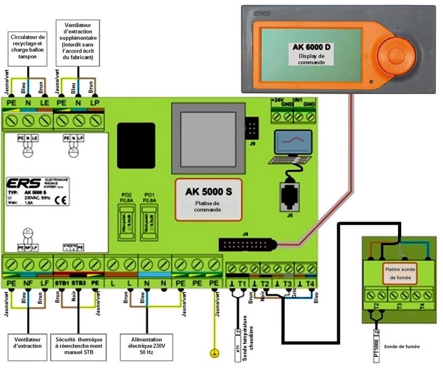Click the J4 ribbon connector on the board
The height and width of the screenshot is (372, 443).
[x=245, y=244]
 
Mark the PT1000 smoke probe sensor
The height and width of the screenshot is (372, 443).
[x=377, y=347]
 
